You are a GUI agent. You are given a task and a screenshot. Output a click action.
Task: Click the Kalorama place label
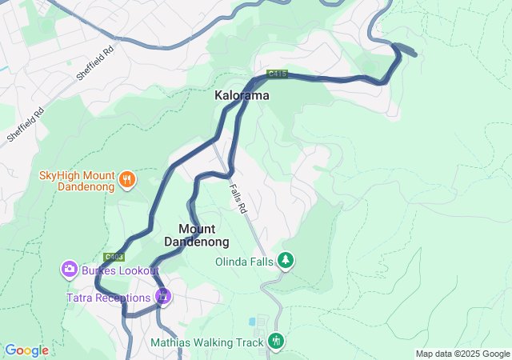pyautogui.click(x=242, y=95)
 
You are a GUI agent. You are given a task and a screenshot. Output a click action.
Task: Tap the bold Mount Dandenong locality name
pyautogui.click(x=197, y=235)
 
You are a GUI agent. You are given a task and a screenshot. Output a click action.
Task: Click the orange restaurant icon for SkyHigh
pyautogui.click(x=126, y=181)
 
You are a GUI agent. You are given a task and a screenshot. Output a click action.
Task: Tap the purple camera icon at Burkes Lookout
pyautogui.click(x=70, y=269)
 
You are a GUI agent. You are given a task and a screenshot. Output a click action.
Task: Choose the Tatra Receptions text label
pyautogui.click(x=109, y=298)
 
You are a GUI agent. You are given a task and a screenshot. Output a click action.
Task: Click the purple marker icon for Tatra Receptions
pyautogui.click(x=163, y=296)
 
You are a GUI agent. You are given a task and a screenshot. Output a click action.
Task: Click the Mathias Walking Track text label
pyautogui.click(x=207, y=343)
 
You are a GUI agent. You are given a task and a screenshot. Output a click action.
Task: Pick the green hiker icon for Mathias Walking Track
pyautogui.click(x=276, y=342)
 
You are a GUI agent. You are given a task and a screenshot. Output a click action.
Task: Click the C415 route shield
pyautogui.click(x=277, y=74)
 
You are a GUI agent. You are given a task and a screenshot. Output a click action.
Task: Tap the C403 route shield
pyautogui.click(x=113, y=257)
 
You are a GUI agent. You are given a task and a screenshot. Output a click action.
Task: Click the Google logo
pyautogui.click(x=26, y=350)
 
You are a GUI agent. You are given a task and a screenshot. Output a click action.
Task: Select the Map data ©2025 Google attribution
pyautogui.click(x=462, y=354)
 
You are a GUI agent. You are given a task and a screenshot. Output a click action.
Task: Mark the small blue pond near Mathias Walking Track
pyautogui.click(x=253, y=322)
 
